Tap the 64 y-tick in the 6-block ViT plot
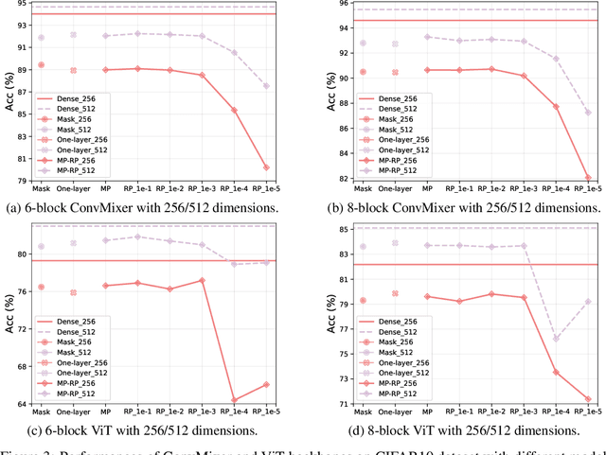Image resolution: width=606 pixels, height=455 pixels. [18, 404]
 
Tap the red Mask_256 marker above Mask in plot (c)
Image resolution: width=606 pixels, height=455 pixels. [40, 287]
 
